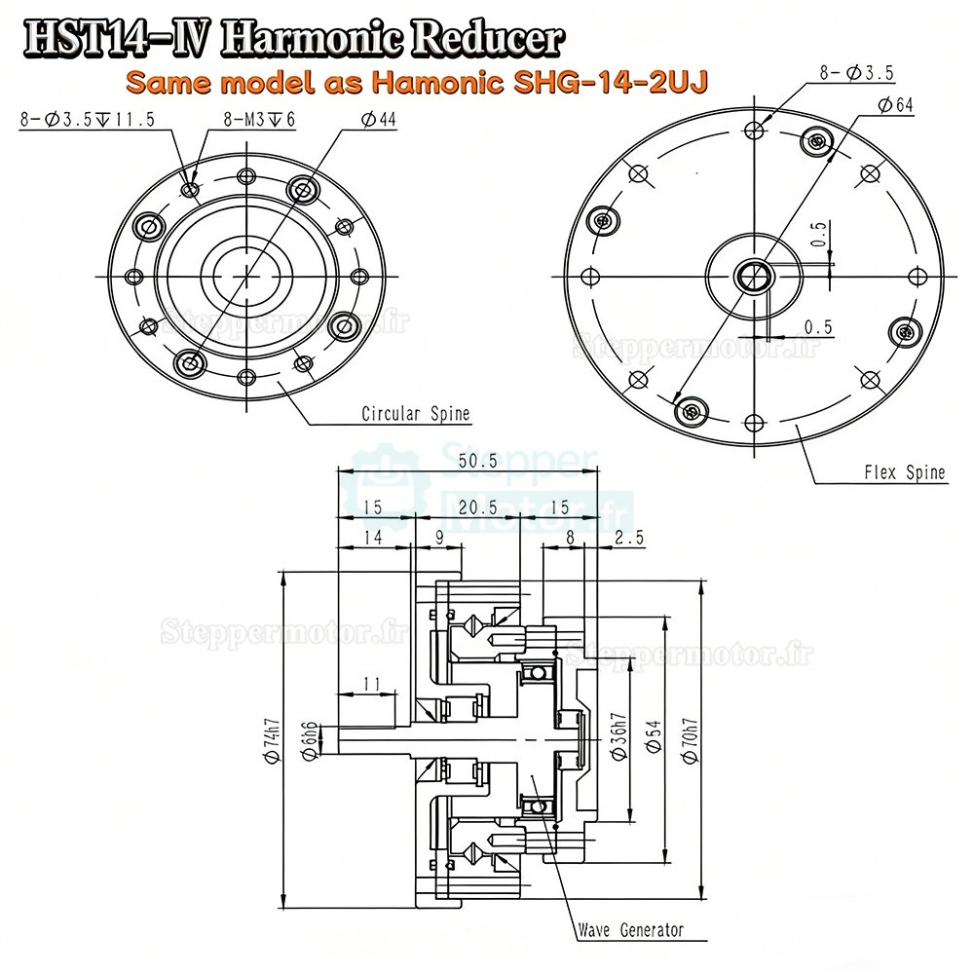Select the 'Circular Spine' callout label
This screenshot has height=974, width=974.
(x=415, y=414)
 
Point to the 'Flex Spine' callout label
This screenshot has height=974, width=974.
(x=905, y=473)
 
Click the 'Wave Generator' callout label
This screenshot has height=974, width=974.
(x=630, y=930)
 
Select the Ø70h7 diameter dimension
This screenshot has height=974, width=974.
(x=691, y=738)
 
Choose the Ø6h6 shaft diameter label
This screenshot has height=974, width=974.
(x=310, y=737)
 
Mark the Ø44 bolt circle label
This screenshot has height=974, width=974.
(x=377, y=120)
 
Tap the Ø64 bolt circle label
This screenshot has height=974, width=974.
(x=894, y=106)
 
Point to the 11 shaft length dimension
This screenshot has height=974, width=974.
(x=369, y=685)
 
